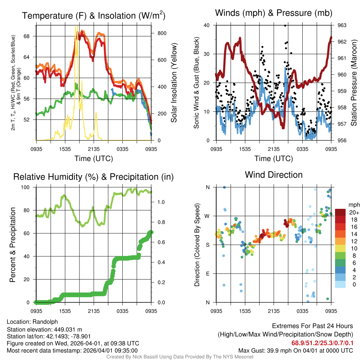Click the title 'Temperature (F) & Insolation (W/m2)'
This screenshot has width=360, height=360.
tap(94, 15)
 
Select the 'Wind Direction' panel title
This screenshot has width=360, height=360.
tap(274, 175)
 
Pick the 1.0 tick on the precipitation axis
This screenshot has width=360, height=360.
tap(161, 202)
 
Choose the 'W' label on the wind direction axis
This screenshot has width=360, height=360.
tap(207, 216)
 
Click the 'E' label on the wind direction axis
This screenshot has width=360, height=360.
tap(207, 274)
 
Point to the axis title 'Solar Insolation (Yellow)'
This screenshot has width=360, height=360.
tap(174, 83)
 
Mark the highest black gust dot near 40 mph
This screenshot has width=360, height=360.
tap(285, 25)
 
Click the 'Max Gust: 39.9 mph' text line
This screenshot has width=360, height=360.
tap(295, 351)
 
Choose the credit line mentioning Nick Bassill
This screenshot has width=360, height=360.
tap(180, 357)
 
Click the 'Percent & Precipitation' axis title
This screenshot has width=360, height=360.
tap(13, 245)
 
